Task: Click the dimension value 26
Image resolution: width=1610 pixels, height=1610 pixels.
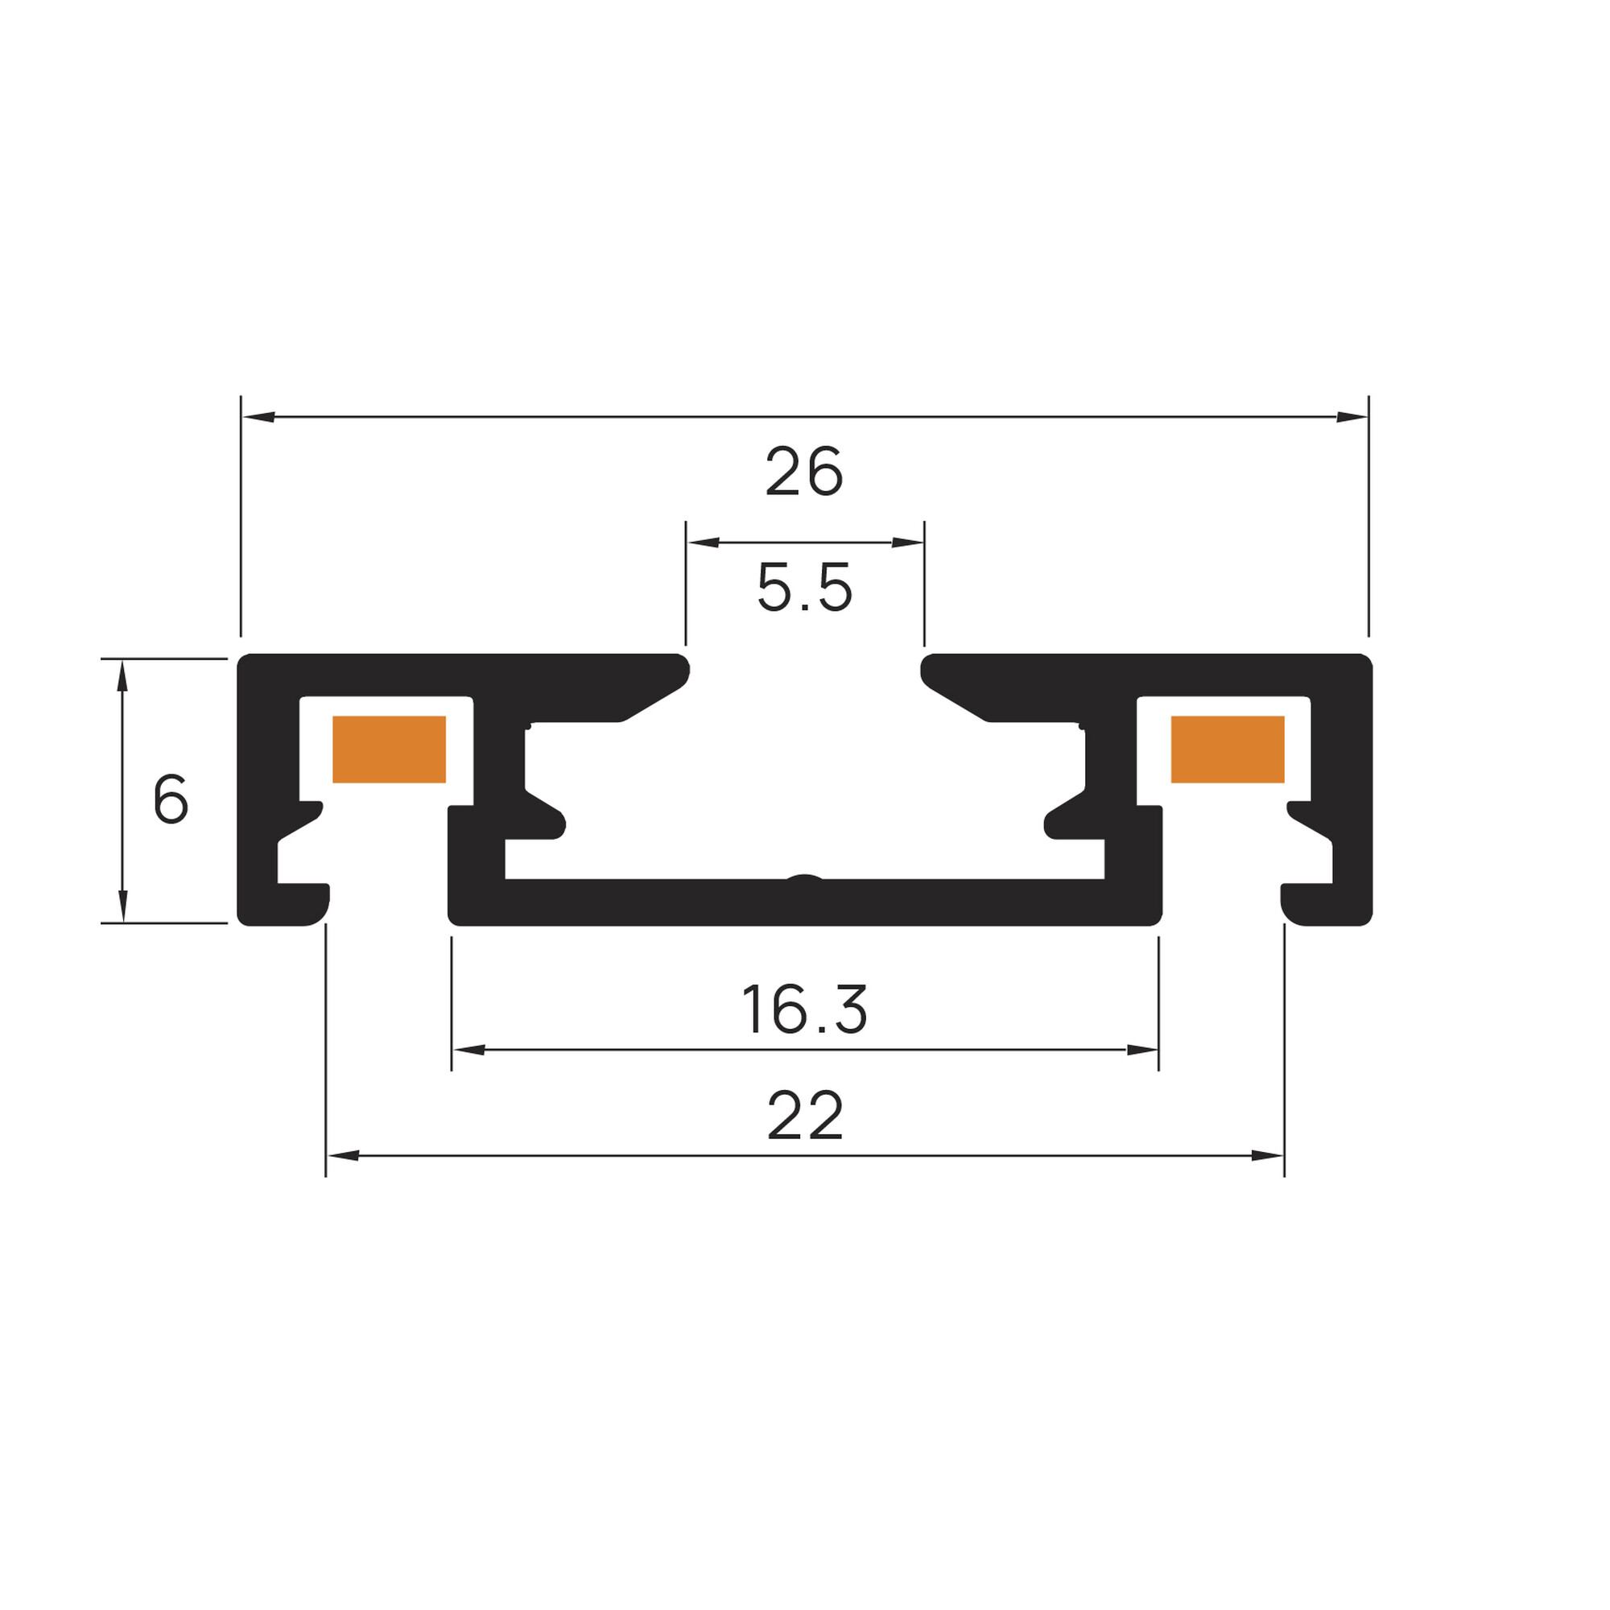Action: [x=804, y=473]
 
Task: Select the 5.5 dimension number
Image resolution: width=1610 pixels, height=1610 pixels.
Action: [x=804, y=588]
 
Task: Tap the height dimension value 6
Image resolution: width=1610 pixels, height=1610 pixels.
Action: [x=171, y=799]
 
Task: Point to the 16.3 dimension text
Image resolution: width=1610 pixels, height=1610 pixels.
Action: [x=804, y=1009]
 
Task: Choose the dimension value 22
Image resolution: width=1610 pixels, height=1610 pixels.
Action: [x=805, y=1116]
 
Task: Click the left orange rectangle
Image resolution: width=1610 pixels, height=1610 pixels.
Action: [x=389, y=749]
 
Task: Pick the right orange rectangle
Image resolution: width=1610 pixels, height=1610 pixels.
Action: [x=1228, y=749]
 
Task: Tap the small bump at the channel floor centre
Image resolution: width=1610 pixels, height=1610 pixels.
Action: [x=805, y=877]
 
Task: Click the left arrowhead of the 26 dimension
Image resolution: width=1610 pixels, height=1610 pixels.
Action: [x=258, y=417]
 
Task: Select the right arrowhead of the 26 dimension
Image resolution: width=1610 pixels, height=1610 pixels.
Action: [x=1352, y=417]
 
